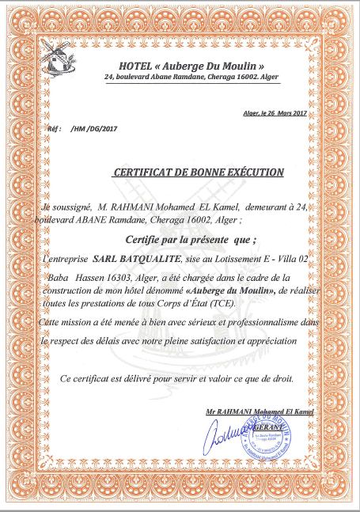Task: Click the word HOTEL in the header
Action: click(x=135, y=64)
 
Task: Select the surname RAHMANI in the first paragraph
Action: click(x=126, y=206)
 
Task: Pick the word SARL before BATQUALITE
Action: click(x=107, y=258)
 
